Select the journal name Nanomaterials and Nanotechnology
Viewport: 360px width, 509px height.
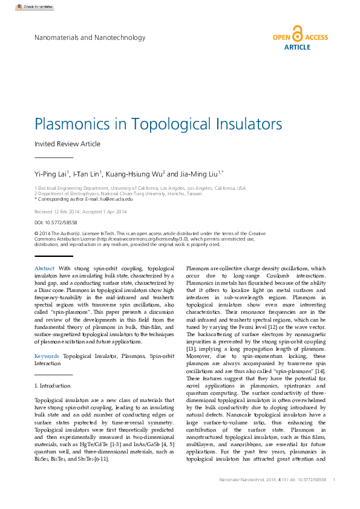click(90, 37)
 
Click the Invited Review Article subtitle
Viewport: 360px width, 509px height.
click(67, 144)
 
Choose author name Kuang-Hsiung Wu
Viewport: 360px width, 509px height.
click(134, 174)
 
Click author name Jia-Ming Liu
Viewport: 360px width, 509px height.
click(199, 174)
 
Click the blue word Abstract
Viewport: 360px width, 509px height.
click(45, 268)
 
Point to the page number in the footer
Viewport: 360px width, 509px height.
click(334, 479)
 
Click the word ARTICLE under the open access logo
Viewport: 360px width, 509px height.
click(297, 47)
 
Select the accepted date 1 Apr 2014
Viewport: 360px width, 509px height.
click(114, 212)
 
